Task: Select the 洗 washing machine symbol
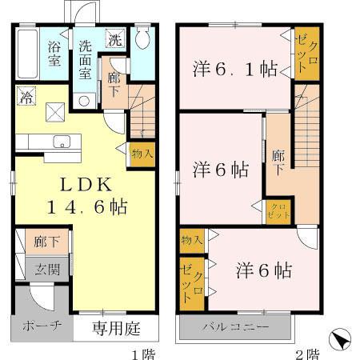click(115, 39)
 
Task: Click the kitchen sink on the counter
click(61, 142)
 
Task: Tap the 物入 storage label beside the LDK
click(142, 154)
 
